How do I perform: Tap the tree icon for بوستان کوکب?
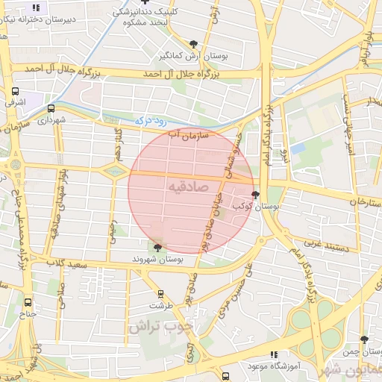pos(256,195)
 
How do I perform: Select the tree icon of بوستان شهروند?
pos(157,248)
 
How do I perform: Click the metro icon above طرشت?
pos(160,295)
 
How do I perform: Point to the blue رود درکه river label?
pos(151,119)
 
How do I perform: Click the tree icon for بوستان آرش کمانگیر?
pos(195,44)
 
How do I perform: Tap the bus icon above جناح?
pos(28,302)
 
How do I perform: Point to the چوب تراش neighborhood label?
pos(160,326)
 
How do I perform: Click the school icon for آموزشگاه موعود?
pos(274,355)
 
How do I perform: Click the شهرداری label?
pos(53,119)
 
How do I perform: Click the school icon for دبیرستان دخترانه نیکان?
pos(35,8)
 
